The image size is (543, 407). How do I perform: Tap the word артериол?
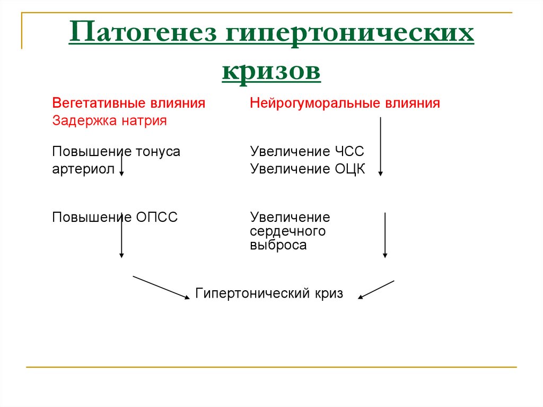83,169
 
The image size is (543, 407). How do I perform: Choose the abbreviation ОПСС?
157,217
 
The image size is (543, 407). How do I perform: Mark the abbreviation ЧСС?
349,152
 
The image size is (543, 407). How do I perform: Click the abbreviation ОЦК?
349,169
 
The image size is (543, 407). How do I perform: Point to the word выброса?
278,245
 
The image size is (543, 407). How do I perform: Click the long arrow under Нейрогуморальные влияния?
380,146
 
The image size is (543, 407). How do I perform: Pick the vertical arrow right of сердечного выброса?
385,235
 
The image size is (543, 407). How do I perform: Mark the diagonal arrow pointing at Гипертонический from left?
161,287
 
